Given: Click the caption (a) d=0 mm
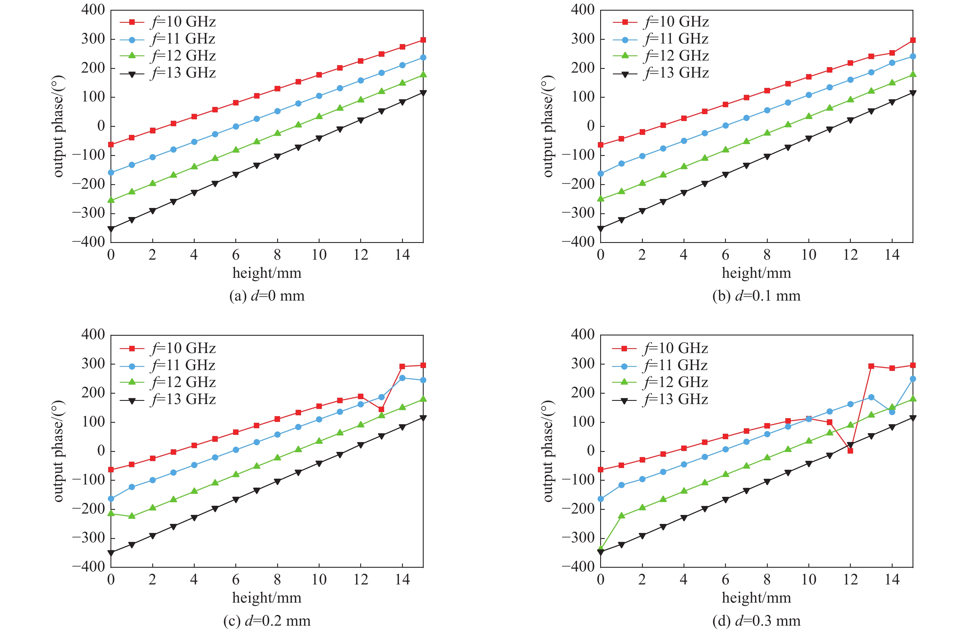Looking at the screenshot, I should click(x=267, y=296).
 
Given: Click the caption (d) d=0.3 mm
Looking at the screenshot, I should click(x=756, y=621).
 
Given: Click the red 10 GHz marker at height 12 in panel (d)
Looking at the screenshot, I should click(x=850, y=450).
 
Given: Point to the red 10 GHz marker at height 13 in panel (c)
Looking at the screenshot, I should click(x=382, y=409).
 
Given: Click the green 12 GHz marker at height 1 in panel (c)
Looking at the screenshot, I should click(x=132, y=516).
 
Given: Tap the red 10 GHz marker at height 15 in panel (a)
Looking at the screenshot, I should click(x=423, y=40).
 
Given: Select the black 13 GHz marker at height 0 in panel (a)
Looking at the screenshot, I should click(x=111, y=229).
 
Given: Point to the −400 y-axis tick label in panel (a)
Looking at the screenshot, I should click(x=88, y=242).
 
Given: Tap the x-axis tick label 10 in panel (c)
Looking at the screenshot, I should click(x=319, y=580).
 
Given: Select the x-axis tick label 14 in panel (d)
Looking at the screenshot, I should click(x=892, y=580).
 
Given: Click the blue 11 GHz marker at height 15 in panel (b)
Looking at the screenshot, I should click(x=913, y=56).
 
